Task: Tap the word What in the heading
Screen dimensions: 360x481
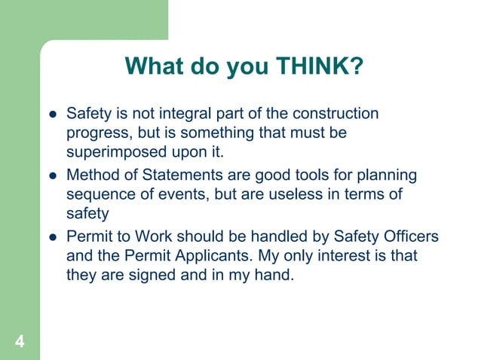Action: coord(153,67)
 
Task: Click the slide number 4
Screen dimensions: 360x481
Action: coord(19,343)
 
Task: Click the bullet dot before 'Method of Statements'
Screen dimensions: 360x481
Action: coord(53,176)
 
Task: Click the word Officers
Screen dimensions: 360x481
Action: coord(402,236)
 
